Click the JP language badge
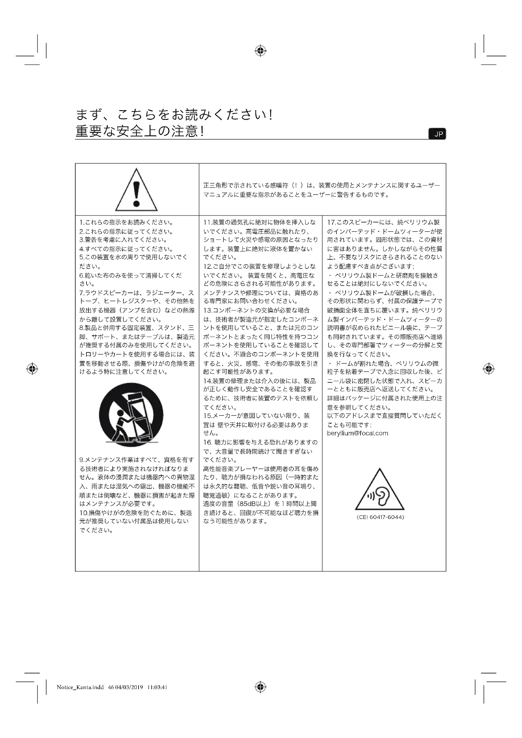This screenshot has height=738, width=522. coord(438,134)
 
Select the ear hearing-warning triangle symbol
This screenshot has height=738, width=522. coord(380,490)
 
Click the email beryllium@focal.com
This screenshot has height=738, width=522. coord(358,433)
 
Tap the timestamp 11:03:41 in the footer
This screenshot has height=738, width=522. coord(157,688)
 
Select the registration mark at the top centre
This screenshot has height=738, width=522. coord(261,51)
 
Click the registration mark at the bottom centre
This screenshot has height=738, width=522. coord(261,687)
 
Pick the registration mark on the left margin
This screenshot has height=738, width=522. coord(32,369)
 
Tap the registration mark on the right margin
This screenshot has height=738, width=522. coord(489,369)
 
